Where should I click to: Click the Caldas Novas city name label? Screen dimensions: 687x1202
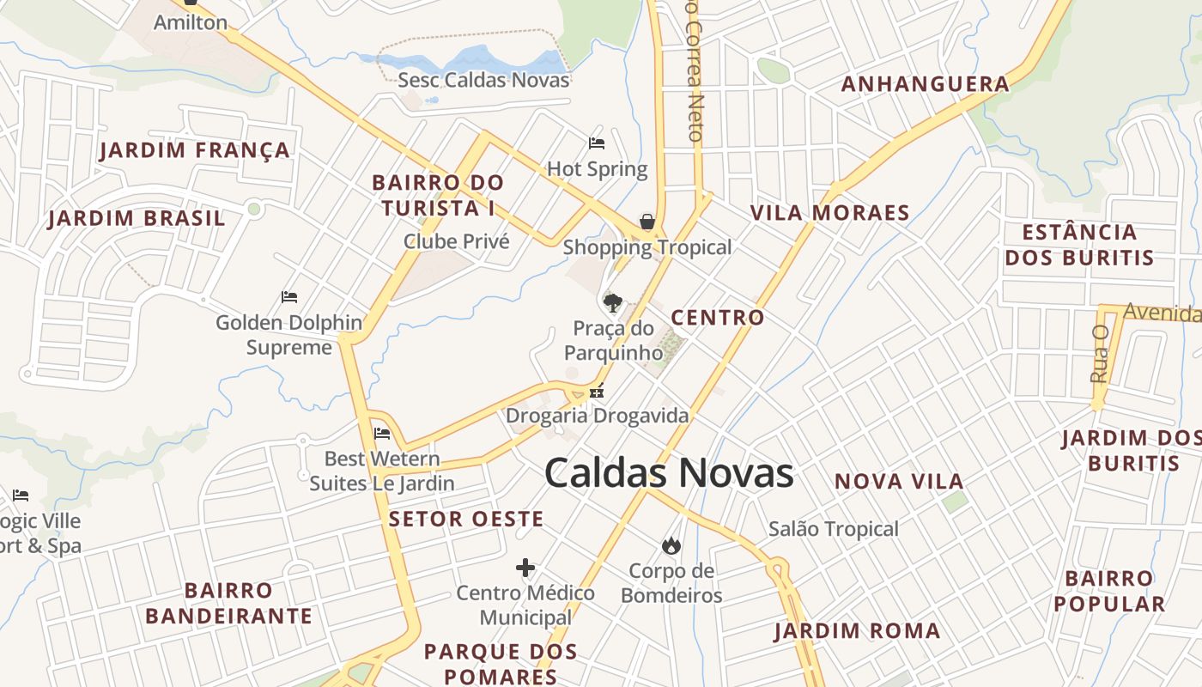[669, 473]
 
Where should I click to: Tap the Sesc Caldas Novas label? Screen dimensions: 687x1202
[483, 81]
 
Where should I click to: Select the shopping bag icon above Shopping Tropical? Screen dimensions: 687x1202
[647, 222]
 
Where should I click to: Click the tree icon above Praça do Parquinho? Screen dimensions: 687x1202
[612, 302]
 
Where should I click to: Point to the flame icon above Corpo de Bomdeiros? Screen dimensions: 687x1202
[671, 545]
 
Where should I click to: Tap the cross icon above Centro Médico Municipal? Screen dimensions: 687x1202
[525, 568]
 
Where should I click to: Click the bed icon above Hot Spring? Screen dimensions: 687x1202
[597, 143]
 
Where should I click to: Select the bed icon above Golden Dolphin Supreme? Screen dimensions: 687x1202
[289, 297]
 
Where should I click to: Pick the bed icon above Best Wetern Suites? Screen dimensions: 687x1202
[382, 434]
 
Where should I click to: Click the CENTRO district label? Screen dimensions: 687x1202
[718, 318]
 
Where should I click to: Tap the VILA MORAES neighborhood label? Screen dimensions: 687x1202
[829, 213]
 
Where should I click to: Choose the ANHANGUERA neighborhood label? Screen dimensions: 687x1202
[926, 84]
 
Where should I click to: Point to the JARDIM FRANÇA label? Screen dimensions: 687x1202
[195, 151]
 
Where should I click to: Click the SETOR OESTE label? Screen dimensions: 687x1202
[466, 519]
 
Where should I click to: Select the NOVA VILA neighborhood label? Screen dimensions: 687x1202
[899, 482]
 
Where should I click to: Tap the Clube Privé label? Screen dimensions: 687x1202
[457, 241]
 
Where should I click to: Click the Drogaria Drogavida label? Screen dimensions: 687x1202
[597, 416]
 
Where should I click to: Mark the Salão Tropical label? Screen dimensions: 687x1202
[834, 529]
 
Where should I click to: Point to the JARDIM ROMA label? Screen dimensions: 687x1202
[857, 631]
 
